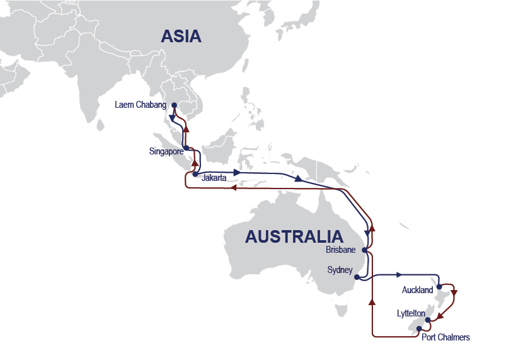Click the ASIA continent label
click(x=181, y=37)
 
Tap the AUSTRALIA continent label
click(x=294, y=237)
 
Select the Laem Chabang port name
click(x=141, y=105)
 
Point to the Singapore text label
click(x=166, y=151)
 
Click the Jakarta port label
click(x=214, y=178)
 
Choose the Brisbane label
click(x=341, y=250)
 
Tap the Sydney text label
click(x=340, y=270)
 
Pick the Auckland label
click(x=417, y=290)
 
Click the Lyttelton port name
click(x=411, y=313)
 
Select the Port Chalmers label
click(x=445, y=337)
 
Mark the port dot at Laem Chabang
click(x=173, y=105)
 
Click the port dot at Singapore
click(x=185, y=148)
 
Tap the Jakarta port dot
click(x=195, y=174)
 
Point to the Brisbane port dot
click(x=365, y=250)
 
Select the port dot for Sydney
click(x=357, y=277)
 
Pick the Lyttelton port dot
click(x=428, y=320)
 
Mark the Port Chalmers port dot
click(x=419, y=328)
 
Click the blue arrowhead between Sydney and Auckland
click(x=399, y=275)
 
